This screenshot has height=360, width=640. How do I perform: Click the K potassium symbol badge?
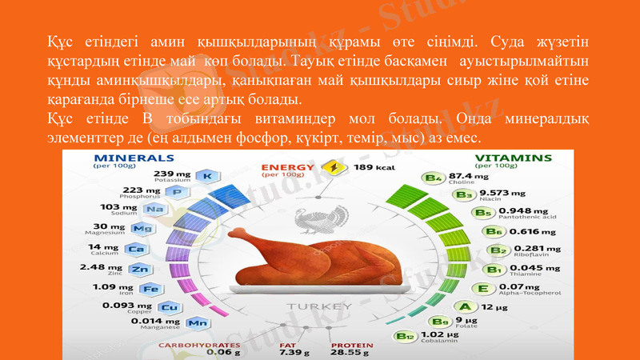click(207, 175)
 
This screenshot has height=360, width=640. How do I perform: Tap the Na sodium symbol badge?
click(154, 210)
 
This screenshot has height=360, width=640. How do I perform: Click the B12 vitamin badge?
click(405, 337)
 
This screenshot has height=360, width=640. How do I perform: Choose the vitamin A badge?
click(462, 306)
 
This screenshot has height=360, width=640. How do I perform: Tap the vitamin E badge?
click(482, 288)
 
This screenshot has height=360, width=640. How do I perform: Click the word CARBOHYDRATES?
click(199, 345)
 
